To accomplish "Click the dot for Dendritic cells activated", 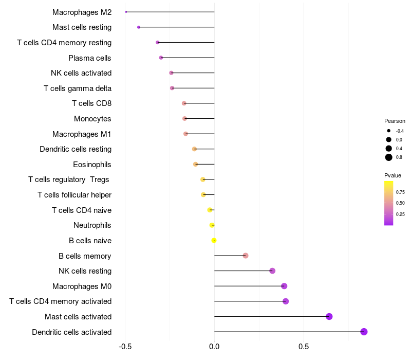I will pyautogui.click(x=364, y=332).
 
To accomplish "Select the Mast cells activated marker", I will pyautogui.click(x=329, y=316).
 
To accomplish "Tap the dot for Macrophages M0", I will pyautogui.click(x=284, y=286).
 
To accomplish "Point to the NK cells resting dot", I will pyautogui.click(x=272, y=271).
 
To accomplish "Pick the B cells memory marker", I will pyautogui.click(x=246, y=256).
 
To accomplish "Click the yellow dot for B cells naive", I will pyautogui.click(x=214, y=240).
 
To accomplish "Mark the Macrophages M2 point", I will pyautogui.click(x=126, y=12).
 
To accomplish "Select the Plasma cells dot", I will pyautogui.click(x=161, y=58).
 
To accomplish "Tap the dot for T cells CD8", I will pyautogui.click(x=184, y=103).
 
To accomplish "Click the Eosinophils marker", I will pyautogui.click(x=195, y=164).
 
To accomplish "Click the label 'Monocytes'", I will pyautogui.click(x=92, y=119).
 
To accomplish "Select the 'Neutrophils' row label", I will pyautogui.click(x=92, y=225).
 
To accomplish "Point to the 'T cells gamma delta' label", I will pyautogui.click(x=78, y=88).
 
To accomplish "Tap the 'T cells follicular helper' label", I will pyautogui.click(x=74, y=195).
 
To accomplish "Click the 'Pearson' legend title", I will pyautogui.click(x=395, y=121).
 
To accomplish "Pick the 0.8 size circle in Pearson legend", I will pyautogui.click(x=389, y=157).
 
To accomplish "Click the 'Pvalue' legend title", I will pyautogui.click(x=393, y=175).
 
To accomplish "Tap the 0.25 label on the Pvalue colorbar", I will pyautogui.click(x=400, y=214).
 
